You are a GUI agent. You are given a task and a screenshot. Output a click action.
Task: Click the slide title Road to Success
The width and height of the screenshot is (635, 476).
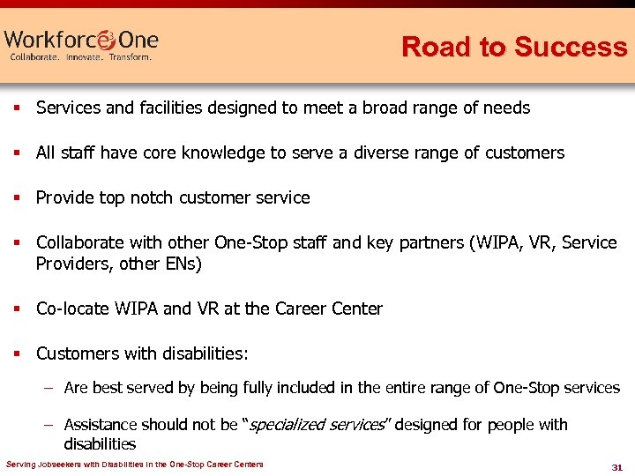[513, 47]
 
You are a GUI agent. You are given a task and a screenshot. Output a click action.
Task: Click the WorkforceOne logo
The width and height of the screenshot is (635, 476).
[81, 40]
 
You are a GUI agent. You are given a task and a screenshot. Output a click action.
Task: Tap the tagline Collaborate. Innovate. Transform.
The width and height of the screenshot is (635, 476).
[80, 57]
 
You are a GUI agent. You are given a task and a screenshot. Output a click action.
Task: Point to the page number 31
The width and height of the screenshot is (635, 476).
[616, 466]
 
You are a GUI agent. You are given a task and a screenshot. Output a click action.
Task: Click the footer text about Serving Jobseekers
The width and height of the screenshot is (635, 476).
[134, 465]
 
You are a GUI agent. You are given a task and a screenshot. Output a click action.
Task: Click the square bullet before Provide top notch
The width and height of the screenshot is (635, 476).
[16, 198]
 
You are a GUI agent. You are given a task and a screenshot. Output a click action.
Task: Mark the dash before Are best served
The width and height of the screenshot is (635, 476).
[50, 388]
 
